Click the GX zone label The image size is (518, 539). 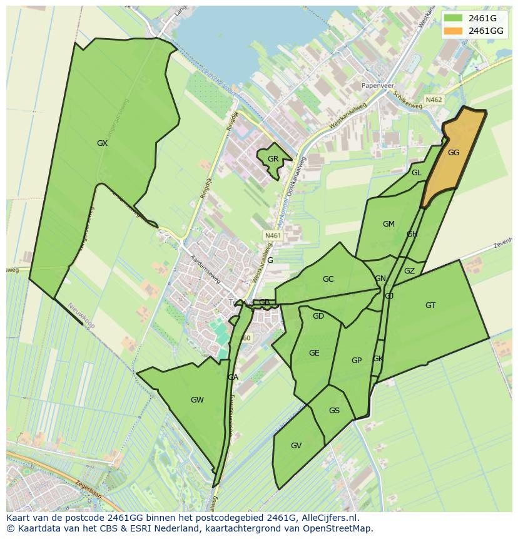click(x=103, y=143)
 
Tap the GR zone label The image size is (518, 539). click(x=273, y=159)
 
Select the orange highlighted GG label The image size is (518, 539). click(x=454, y=152)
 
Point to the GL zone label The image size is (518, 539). click(x=416, y=173)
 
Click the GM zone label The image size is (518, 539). click(x=388, y=224)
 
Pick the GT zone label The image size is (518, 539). click(x=430, y=305)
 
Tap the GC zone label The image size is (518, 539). click(x=328, y=279)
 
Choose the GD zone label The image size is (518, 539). click(x=318, y=316)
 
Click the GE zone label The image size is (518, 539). click(x=314, y=353)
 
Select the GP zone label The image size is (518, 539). click(x=357, y=360)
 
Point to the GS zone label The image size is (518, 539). click(x=334, y=411)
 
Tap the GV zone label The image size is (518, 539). click(x=296, y=446)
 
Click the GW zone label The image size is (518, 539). click(x=197, y=400)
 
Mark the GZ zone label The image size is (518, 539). click(x=409, y=271)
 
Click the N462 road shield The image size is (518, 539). click(x=434, y=100)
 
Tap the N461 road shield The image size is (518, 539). click(x=273, y=235)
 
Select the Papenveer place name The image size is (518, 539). click(x=385, y=86)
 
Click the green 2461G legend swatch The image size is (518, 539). click(x=454, y=19)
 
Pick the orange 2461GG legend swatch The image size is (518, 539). click(x=454, y=31)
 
